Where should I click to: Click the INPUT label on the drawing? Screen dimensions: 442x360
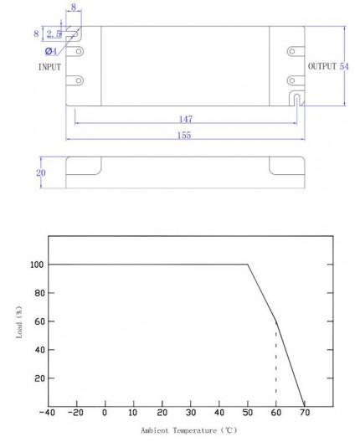click(x=49, y=66)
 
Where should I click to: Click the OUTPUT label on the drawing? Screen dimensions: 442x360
click(x=321, y=66)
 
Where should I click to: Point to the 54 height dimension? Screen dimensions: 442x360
click(x=344, y=66)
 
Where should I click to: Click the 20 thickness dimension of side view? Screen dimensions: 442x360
click(x=40, y=173)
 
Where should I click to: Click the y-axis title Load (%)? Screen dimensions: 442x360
click(x=18, y=321)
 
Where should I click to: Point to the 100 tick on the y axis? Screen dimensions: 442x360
click(x=36, y=265)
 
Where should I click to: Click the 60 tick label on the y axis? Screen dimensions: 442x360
click(x=39, y=321)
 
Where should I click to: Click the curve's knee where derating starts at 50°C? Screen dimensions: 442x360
click(x=248, y=265)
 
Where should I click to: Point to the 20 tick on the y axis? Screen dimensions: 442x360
click(x=39, y=378)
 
